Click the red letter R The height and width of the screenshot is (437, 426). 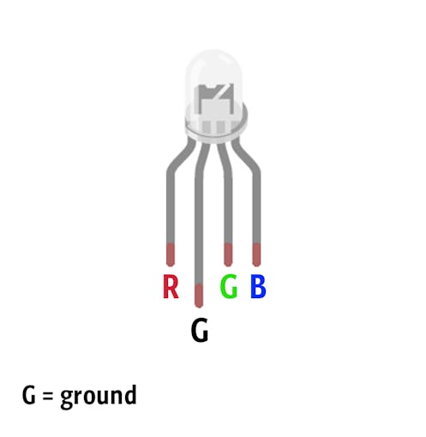pyautogui.click(x=171, y=286)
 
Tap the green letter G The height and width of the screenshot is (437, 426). pyautogui.click(x=229, y=286)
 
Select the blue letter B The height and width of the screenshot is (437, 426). pyautogui.click(x=258, y=286)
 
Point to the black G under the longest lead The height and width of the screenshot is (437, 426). pyautogui.click(x=200, y=330)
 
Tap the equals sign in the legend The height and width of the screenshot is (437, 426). pyautogui.click(x=48, y=396)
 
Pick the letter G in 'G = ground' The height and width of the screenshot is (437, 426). pyautogui.click(x=29, y=395)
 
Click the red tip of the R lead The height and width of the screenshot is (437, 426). pyautogui.click(x=171, y=254)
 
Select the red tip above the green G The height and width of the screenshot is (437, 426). pyautogui.click(x=228, y=254)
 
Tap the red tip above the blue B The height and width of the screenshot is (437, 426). pyautogui.click(x=256, y=254)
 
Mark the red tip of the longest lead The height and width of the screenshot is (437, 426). pyautogui.click(x=199, y=296)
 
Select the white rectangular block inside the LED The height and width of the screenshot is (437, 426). pyautogui.click(x=216, y=110)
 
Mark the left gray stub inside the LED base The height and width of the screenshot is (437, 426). pyautogui.click(x=206, y=127)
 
